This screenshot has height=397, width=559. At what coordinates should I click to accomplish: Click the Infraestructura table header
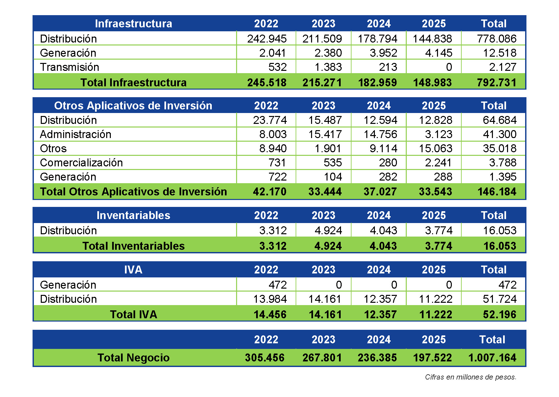tap(133, 24)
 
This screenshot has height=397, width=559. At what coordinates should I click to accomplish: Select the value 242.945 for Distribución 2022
tap(267, 39)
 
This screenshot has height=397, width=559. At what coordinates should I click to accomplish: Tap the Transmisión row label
tap(69, 67)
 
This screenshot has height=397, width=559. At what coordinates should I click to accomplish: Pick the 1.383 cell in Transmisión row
tap(328, 67)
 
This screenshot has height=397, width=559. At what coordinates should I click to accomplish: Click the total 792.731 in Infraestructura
tap(497, 82)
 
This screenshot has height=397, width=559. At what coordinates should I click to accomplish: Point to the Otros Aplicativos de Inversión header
tap(133, 106)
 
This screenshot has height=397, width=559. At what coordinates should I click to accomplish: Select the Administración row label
tap(76, 134)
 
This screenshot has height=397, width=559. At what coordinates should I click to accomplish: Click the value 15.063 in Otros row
tap(435, 149)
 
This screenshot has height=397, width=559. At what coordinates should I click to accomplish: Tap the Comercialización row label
tap(81, 163)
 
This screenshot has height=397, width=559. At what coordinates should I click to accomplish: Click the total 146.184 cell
tap(497, 192)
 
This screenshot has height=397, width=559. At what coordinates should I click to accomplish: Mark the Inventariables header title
tap(133, 215)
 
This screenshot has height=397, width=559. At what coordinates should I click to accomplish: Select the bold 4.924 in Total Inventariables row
tap(328, 246)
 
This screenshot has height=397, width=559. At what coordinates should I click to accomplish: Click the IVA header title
tap(133, 270)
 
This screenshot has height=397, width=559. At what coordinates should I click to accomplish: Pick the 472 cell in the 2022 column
tap(278, 285)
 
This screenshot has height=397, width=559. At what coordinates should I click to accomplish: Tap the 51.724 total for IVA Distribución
tap(499, 299)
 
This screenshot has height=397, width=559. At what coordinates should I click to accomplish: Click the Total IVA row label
tap(133, 315)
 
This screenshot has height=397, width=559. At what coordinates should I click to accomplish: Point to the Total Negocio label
tap(133, 358)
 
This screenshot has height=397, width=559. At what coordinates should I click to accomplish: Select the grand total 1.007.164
tap(492, 358)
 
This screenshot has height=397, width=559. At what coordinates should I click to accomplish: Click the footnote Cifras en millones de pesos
tap(471, 377)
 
